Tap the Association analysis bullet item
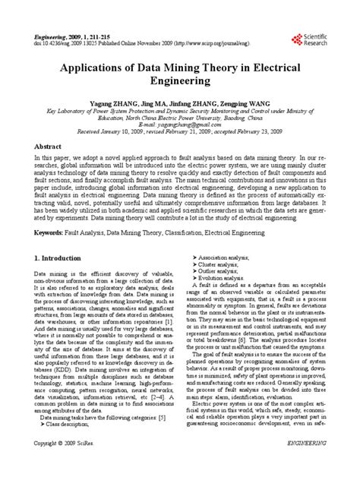[x=226, y=280]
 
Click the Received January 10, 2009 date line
[x=180, y=131]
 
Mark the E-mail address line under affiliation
[x=180, y=124]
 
